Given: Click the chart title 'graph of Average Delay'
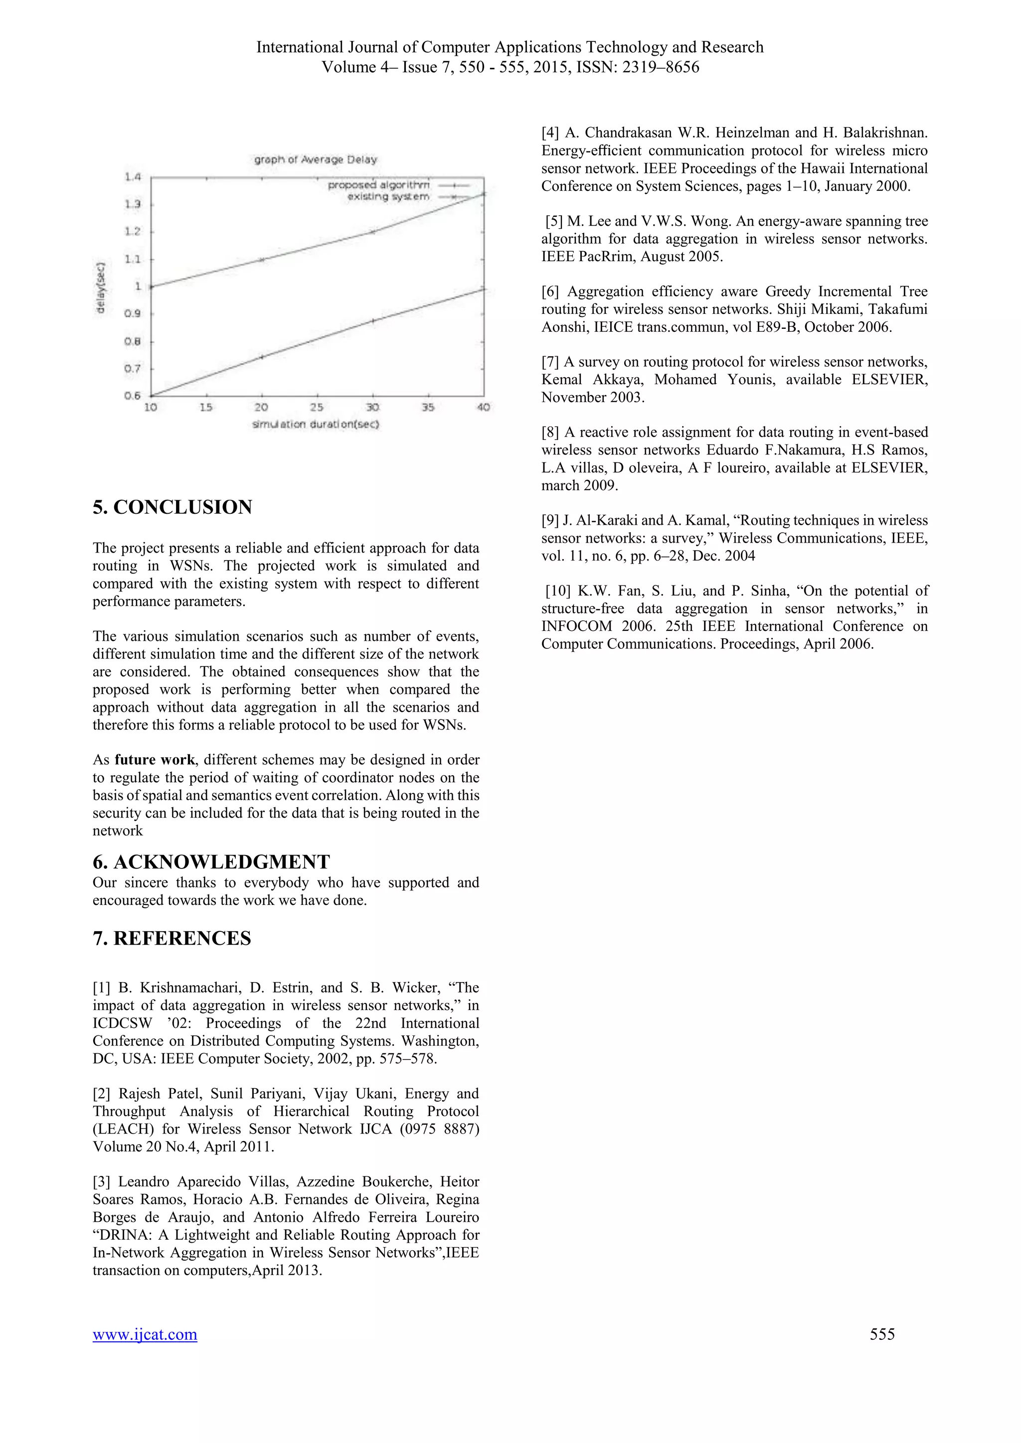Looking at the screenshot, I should [x=316, y=159].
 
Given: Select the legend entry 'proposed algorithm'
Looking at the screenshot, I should [x=379, y=185].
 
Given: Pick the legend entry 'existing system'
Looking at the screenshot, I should [x=388, y=197].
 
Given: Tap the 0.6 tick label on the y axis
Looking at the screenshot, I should [x=132, y=396].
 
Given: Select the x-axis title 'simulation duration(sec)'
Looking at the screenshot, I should [x=316, y=424].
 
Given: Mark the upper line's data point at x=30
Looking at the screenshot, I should [x=373, y=232].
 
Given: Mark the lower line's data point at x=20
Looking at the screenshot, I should [x=262, y=357].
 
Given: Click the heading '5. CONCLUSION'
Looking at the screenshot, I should [x=172, y=507].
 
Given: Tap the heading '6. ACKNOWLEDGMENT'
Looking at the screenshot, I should [x=211, y=862].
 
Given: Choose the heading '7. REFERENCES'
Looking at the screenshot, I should [x=171, y=938].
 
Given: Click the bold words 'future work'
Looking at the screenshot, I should [x=155, y=760].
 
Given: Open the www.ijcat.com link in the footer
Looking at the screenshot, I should [x=145, y=1334].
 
